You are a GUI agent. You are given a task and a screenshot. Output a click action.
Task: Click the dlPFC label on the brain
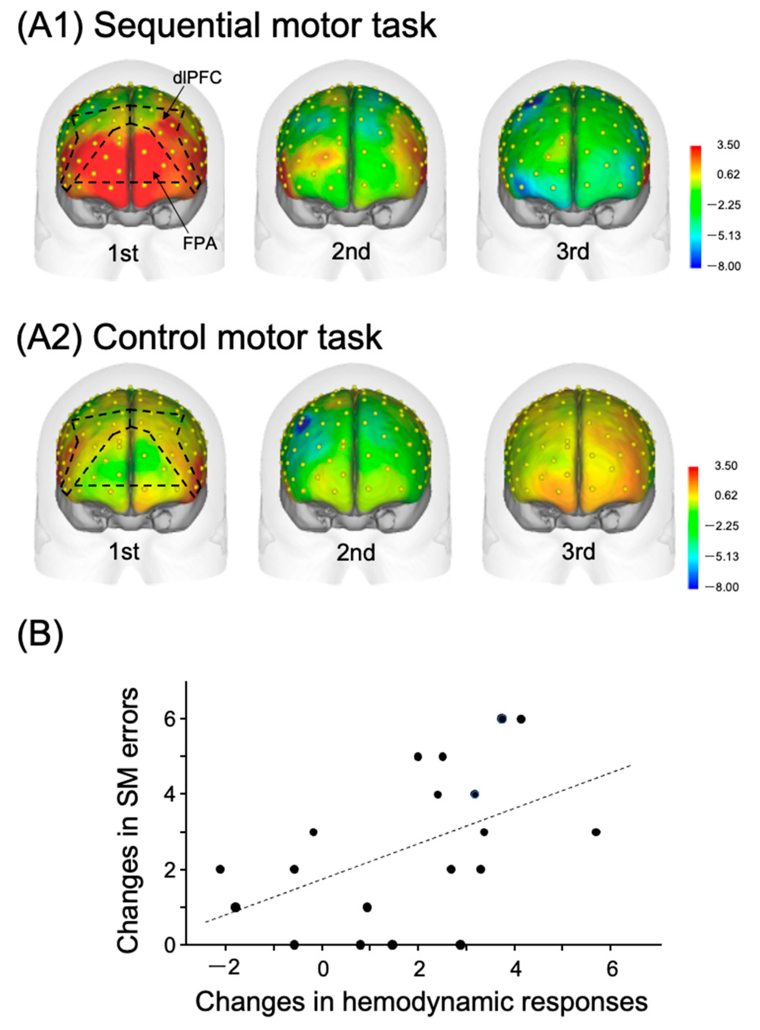[197, 78]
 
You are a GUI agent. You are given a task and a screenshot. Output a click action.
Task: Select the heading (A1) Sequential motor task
[226, 26]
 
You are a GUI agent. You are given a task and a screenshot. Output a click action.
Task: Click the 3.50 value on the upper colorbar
[729, 145]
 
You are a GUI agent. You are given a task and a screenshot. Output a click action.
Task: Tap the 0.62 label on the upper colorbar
[729, 175]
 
